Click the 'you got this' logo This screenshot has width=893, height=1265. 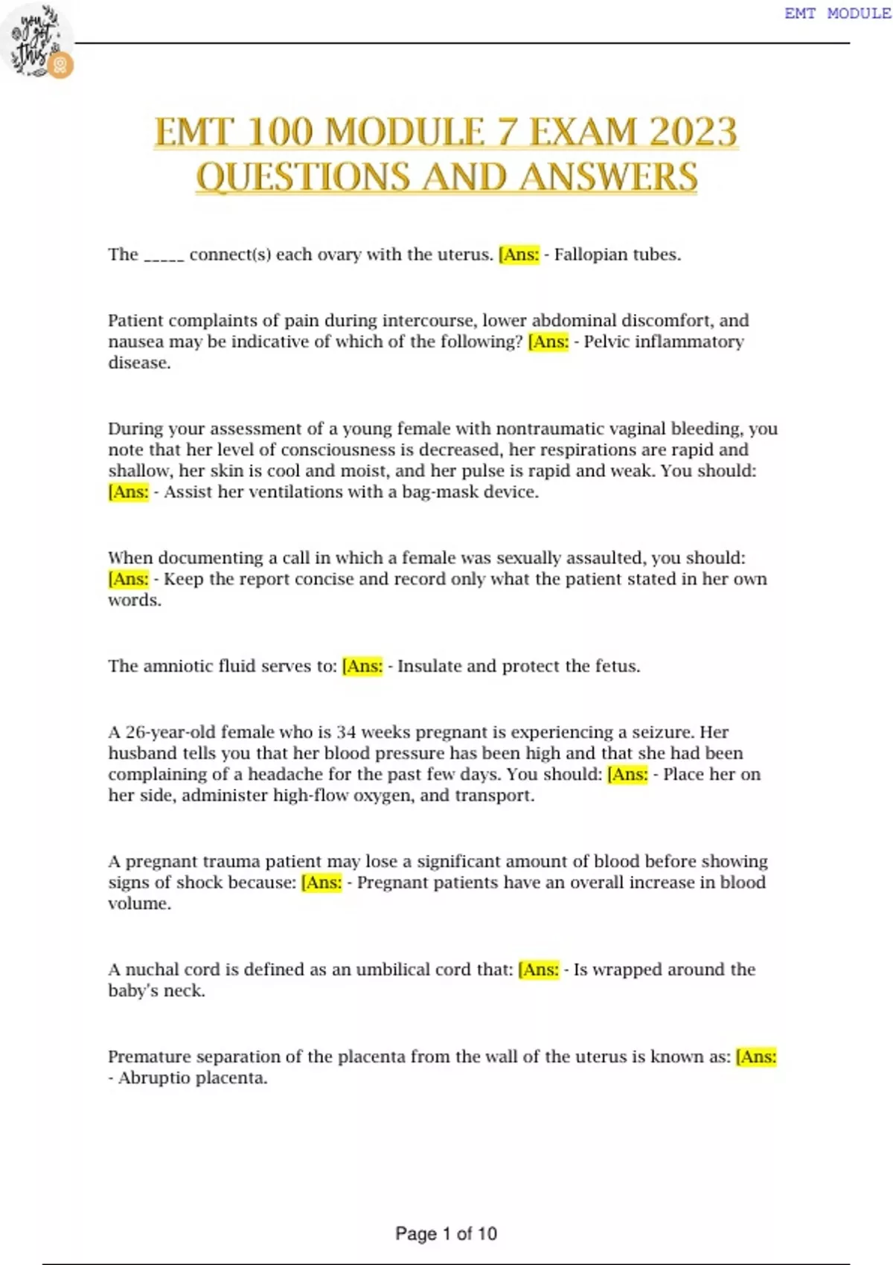37,42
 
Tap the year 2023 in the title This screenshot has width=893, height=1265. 693,132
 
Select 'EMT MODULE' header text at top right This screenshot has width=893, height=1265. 837,13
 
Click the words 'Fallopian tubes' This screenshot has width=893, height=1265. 617,254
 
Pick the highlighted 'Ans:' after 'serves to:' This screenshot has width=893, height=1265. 363,666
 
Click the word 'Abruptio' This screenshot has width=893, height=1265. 150,1078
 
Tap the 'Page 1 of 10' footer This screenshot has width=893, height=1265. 446,1234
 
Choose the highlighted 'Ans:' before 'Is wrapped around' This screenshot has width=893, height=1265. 539,970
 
